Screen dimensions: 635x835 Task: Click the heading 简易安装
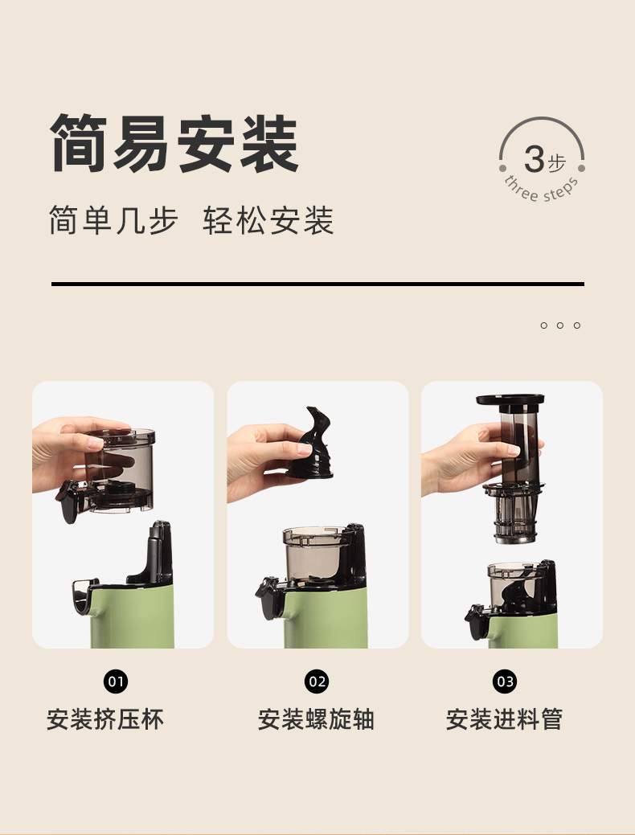tap(174, 144)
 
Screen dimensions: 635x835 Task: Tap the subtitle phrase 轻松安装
tap(268, 220)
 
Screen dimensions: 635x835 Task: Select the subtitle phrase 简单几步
tap(113, 220)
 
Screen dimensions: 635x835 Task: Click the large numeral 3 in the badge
tap(534, 158)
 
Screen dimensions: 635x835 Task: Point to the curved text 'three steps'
tap(541, 190)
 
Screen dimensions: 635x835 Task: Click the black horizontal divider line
tap(317, 284)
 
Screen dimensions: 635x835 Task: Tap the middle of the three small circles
tap(560, 325)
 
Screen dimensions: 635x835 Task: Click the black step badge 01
tap(116, 682)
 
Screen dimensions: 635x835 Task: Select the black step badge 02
tap(317, 682)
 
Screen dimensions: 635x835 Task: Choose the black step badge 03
tap(505, 682)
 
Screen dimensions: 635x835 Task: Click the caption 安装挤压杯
tap(105, 719)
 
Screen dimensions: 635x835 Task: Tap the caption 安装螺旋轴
tap(317, 719)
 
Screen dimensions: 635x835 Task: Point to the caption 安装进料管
tap(505, 719)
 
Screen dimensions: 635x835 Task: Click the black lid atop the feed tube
tap(510, 399)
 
